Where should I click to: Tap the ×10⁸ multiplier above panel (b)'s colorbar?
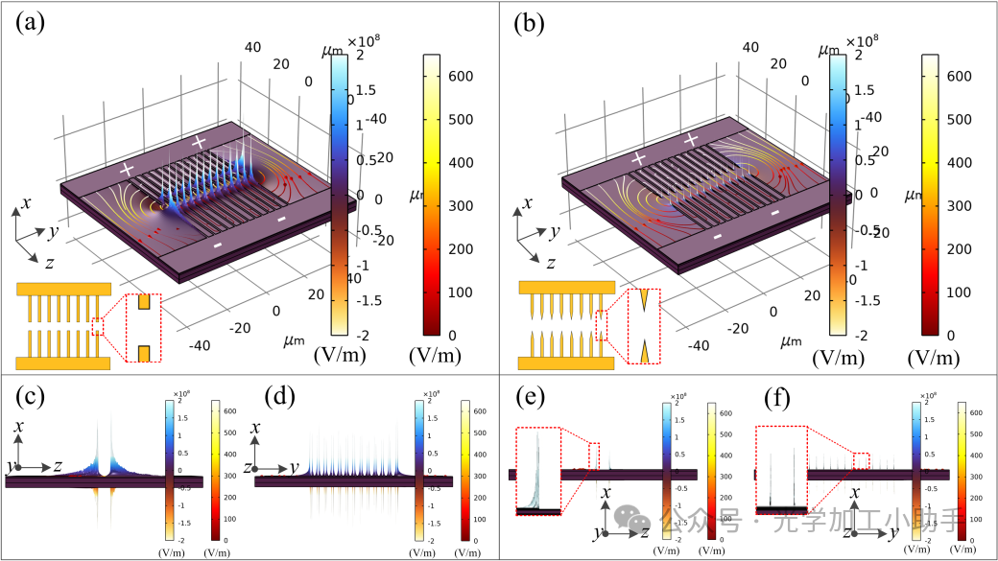pyautogui.click(x=861, y=41)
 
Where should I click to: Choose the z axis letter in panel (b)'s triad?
pyautogui.click(x=551, y=264)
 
